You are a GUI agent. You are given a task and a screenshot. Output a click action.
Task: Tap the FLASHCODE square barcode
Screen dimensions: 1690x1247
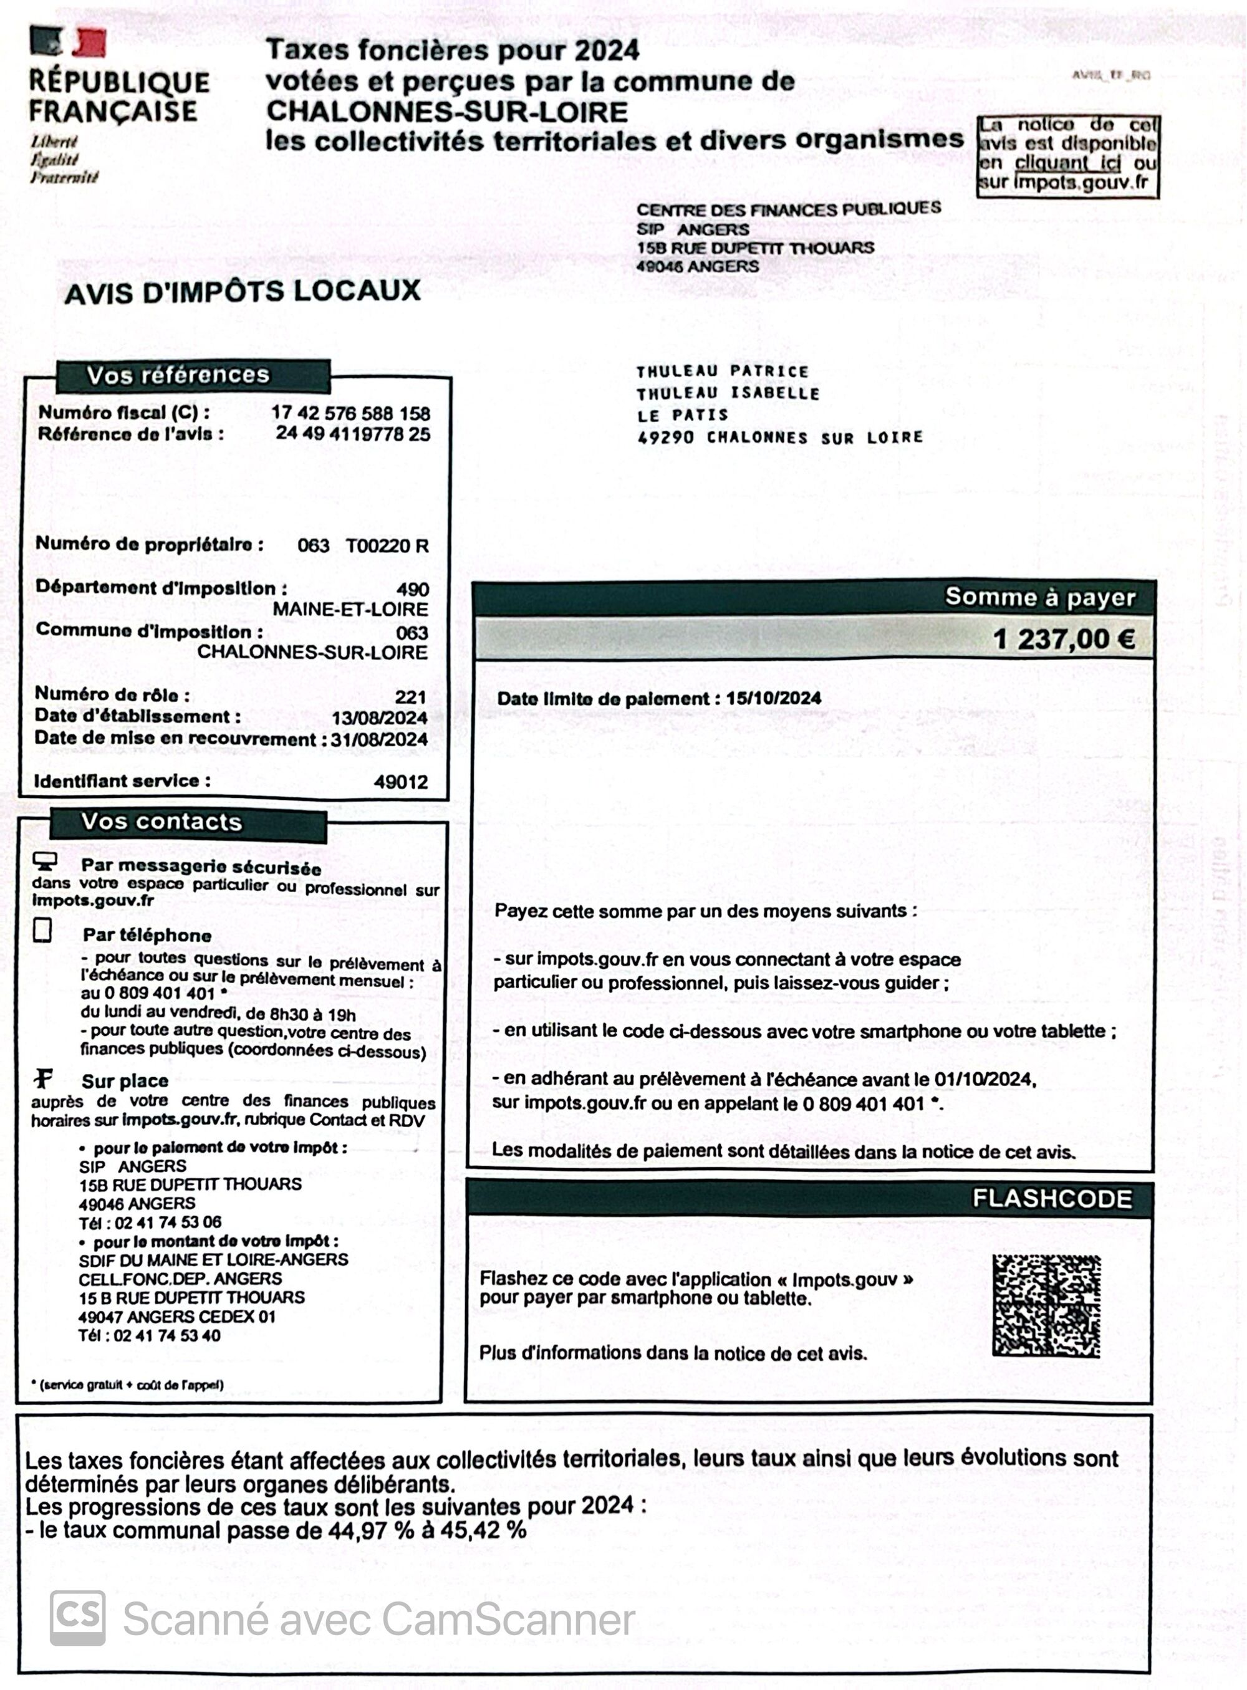click(1046, 1306)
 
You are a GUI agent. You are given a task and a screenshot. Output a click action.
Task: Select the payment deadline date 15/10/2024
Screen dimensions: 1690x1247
click(773, 698)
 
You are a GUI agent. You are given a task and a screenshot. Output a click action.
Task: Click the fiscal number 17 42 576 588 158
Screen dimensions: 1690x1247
click(350, 414)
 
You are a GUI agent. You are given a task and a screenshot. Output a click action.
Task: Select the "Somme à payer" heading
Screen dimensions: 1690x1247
click(1039, 597)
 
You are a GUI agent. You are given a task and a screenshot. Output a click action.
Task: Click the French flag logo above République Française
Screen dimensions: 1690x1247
click(68, 42)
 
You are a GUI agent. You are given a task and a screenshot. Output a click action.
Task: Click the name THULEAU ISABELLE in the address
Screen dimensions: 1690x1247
click(728, 393)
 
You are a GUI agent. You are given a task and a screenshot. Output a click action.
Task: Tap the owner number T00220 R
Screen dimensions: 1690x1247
click(387, 545)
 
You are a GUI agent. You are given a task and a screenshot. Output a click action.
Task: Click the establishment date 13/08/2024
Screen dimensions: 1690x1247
click(379, 718)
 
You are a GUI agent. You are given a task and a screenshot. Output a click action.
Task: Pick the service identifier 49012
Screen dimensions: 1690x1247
click(401, 782)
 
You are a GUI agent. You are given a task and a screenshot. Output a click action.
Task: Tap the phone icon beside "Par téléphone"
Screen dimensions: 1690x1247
click(43, 931)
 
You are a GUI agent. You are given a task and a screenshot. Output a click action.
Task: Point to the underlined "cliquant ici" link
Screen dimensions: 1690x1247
click(1067, 163)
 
